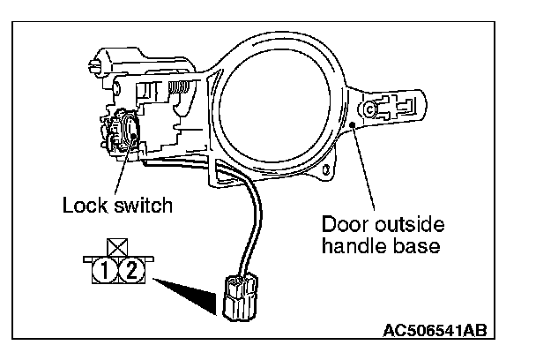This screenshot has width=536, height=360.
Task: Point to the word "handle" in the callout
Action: click(x=350, y=246)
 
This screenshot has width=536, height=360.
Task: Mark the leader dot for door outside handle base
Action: click(x=354, y=127)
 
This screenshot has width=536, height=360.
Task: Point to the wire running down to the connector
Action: click(x=257, y=221)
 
